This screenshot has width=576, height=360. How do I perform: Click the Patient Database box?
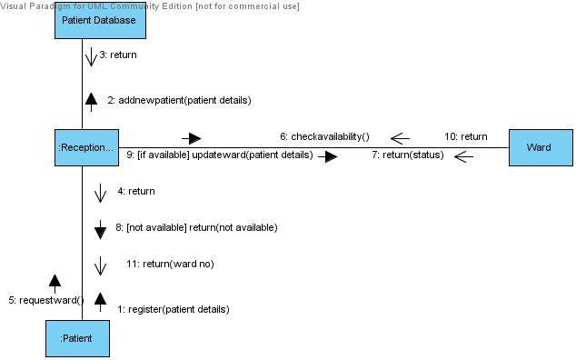point(99,20)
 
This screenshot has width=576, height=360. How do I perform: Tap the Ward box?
point(539,147)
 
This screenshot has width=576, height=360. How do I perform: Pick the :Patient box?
point(82,340)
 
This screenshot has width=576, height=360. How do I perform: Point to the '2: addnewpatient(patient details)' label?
point(179,99)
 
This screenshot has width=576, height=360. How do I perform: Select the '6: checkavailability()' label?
point(324,136)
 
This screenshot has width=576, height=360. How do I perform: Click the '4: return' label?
point(136,191)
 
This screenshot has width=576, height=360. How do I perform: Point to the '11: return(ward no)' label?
point(170,264)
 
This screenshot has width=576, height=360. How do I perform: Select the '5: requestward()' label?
point(45,299)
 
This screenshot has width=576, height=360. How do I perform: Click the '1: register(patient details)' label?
point(174,309)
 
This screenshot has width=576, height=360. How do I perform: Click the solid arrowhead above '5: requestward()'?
point(55,281)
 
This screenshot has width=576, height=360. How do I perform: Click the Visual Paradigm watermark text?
point(150,5)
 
